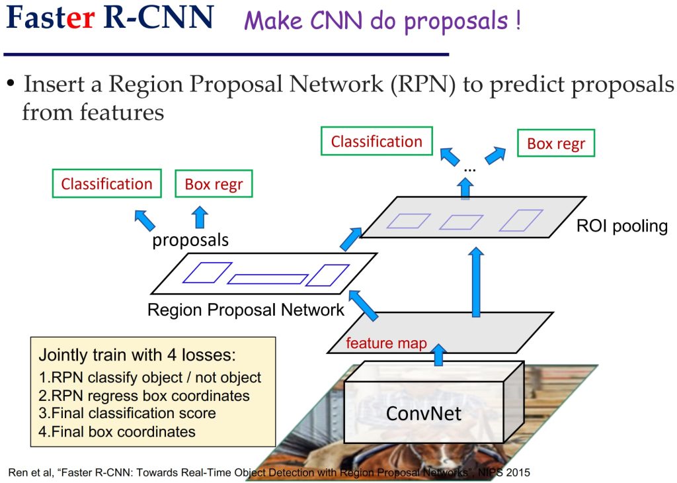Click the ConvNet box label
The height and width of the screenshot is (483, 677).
(x=424, y=414)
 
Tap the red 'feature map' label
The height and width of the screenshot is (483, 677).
(x=386, y=343)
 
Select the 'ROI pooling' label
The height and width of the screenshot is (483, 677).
(x=622, y=226)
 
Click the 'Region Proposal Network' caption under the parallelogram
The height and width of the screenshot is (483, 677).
(x=246, y=310)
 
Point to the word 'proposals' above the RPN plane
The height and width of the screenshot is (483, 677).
(x=190, y=240)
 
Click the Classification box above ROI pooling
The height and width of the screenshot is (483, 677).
(x=376, y=141)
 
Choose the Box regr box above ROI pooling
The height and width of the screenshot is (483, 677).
(x=556, y=143)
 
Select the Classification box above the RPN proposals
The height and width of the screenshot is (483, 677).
(x=106, y=183)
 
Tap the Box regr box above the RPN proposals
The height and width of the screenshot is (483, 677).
(x=214, y=184)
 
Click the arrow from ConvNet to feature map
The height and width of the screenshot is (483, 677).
(x=439, y=355)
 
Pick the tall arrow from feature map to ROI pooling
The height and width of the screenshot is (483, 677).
(x=476, y=282)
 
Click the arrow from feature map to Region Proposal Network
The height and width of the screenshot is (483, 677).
(x=363, y=305)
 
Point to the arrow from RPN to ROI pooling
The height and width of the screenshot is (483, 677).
(x=350, y=239)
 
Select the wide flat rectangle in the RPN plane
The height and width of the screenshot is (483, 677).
(x=268, y=279)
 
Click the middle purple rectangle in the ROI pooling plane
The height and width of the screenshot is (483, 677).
(x=461, y=222)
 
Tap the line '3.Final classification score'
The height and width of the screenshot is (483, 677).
(x=127, y=413)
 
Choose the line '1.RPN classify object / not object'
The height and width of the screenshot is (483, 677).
(x=150, y=378)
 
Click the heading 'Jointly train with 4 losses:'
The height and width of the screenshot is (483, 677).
(x=138, y=355)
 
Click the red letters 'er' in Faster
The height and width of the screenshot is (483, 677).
(x=81, y=19)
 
